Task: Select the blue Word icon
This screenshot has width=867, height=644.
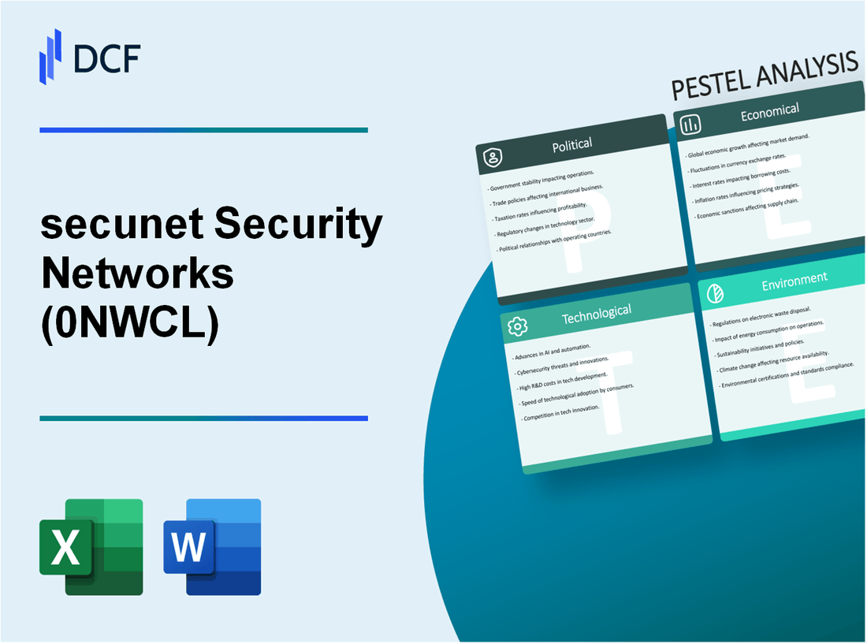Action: click(212, 546)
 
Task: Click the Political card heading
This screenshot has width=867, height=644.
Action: click(572, 144)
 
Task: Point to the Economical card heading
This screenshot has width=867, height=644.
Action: click(769, 112)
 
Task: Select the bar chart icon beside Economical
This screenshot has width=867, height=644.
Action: click(691, 125)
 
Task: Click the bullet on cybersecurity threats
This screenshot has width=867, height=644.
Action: click(561, 365)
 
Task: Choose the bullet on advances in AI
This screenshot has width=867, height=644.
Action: click(553, 348)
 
